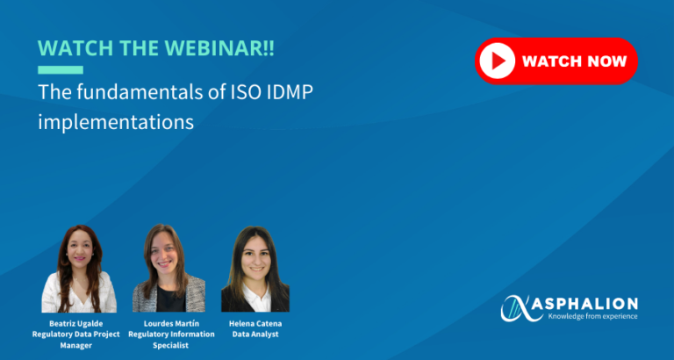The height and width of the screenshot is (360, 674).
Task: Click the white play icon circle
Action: pos(497,61)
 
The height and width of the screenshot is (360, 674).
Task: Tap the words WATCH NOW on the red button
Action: pos(574,61)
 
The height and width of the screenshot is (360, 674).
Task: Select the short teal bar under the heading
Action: pos(61,70)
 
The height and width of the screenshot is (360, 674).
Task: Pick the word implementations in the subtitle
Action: pos(116,122)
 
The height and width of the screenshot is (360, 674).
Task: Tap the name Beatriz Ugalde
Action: pos(76,324)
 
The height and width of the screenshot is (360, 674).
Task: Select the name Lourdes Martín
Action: pos(170,324)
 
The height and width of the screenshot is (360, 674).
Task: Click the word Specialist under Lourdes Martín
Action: pos(170,345)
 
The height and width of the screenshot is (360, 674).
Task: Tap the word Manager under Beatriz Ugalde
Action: pos(76,345)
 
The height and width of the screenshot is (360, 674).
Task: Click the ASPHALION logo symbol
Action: pos(519,308)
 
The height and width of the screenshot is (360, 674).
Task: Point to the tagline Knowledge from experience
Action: pos(592,317)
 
